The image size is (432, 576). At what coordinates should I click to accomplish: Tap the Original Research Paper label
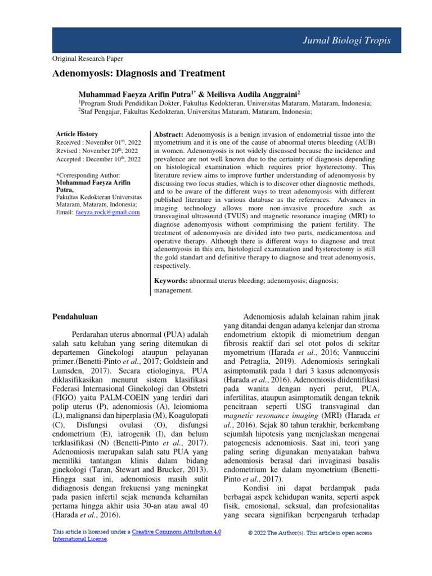click(88, 58)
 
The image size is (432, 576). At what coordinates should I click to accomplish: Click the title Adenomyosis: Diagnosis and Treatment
click(139, 74)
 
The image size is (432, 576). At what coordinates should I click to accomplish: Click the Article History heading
click(77, 134)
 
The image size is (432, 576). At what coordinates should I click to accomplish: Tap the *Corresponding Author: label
click(88, 176)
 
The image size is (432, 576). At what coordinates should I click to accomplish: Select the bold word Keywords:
click(172, 280)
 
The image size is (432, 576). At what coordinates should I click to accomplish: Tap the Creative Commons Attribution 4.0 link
click(176, 532)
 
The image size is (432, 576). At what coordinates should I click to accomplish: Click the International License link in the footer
click(79, 539)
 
